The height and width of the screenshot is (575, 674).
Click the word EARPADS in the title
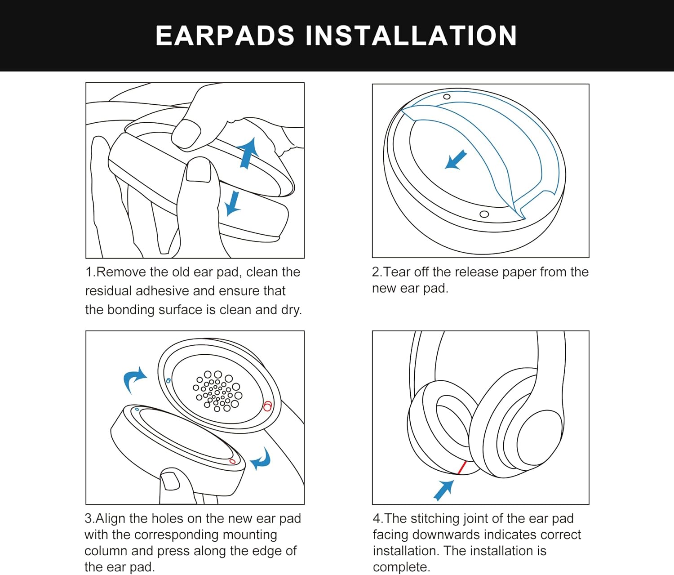tap(225, 36)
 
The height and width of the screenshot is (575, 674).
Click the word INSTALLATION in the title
tap(411, 36)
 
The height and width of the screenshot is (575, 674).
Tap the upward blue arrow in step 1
tap(248, 153)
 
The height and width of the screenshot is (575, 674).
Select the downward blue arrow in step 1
tap(233, 204)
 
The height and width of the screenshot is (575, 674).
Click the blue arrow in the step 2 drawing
tap(456, 160)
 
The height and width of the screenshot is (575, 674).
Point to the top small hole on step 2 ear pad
tap(447, 97)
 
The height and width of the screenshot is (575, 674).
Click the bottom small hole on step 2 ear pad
tap(484, 214)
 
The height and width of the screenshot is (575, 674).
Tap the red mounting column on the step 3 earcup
tap(267, 406)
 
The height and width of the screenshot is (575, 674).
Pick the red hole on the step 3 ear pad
tap(232, 461)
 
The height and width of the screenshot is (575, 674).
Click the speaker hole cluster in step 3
tap(217, 391)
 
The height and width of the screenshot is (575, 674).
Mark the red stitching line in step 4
tap(461, 468)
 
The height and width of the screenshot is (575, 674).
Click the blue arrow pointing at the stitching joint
tap(444, 490)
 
